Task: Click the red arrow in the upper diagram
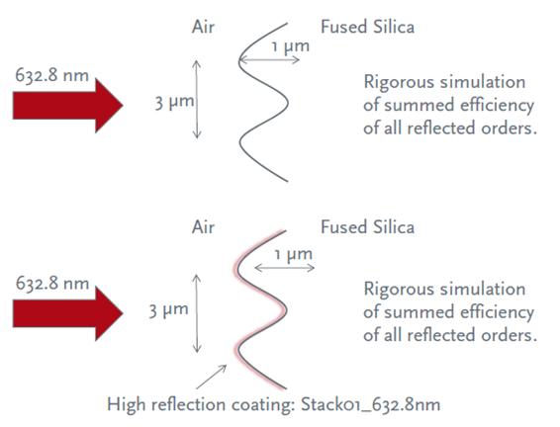[68, 105]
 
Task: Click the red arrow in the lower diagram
[68, 313]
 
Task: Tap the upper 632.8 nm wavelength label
[52, 76]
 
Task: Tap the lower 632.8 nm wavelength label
[52, 284]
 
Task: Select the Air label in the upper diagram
[203, 27]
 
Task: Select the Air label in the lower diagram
[203, 227]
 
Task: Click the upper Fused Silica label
[367, 27]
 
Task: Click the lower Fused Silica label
[367, 227]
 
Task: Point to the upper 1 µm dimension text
[290, 46]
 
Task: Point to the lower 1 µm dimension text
[293, 255]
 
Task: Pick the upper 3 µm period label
[175, 103]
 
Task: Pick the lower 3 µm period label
[168, 310]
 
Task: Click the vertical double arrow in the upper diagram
[197, 100]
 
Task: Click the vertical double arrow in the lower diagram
[197, 313]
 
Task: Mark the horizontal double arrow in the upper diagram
[270, 59]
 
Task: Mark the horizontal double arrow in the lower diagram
[285, 268]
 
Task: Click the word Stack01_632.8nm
[370, 405]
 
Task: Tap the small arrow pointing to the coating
[212, 377]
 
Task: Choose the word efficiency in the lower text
[497, 313]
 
